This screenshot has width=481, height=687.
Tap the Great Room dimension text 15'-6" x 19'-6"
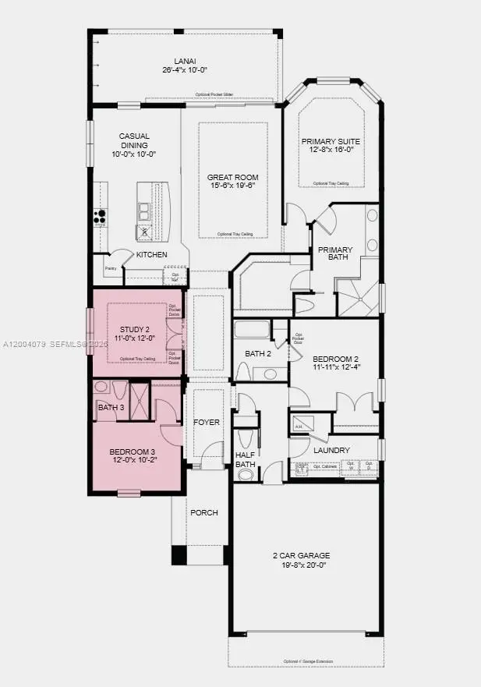(x=232, y=187)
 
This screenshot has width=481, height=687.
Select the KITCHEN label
(x=151, y=255)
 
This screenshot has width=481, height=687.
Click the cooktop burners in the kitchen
(x=100, y=214)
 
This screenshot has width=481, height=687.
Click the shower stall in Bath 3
(x=140, y=392)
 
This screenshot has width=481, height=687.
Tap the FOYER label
(x=207, y=422)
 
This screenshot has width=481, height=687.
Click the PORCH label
(x=203, y=512)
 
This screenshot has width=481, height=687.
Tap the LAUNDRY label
(x=331, y=450)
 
